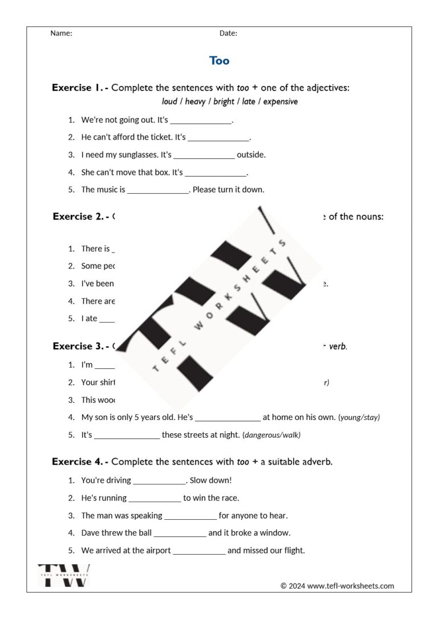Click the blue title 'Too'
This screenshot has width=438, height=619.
219,60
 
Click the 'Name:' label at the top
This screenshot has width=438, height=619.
61,33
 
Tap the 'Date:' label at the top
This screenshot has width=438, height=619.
228,33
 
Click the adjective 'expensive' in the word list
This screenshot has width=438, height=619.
281,102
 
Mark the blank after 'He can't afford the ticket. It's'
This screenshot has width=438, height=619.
218,137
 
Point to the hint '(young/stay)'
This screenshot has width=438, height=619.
359,417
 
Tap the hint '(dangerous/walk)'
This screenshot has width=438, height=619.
271,435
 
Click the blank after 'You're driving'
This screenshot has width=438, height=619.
159,480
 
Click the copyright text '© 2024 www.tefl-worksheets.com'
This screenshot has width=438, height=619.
337,586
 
